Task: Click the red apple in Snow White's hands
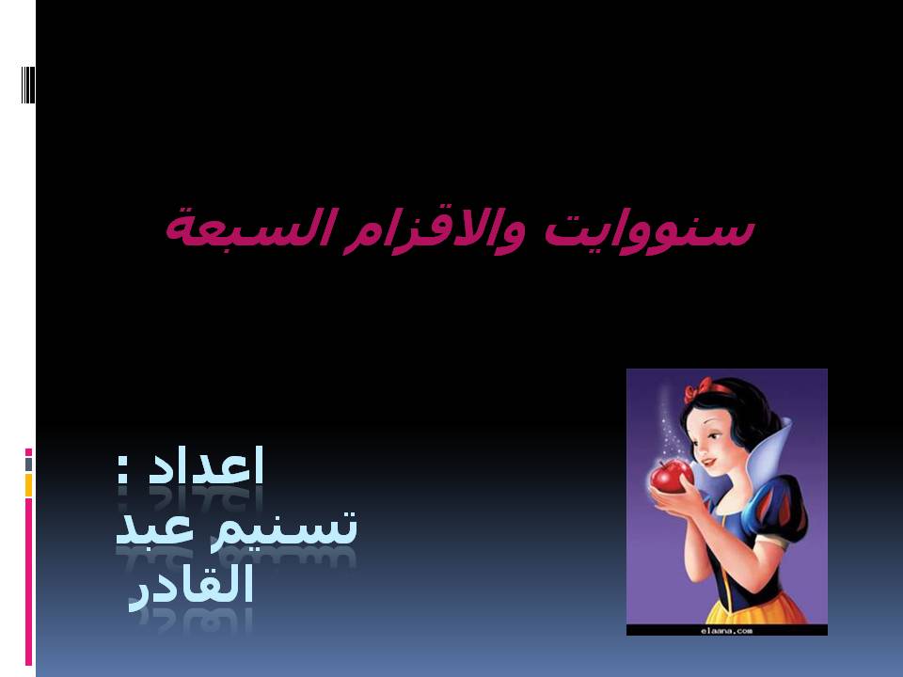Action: (x=671, y=477)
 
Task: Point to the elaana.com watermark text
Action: (x=727, y=631)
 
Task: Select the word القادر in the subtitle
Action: (x=192, y=586)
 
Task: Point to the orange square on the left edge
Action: (x=28, y=485)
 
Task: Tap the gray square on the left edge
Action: (x=28, y=464)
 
